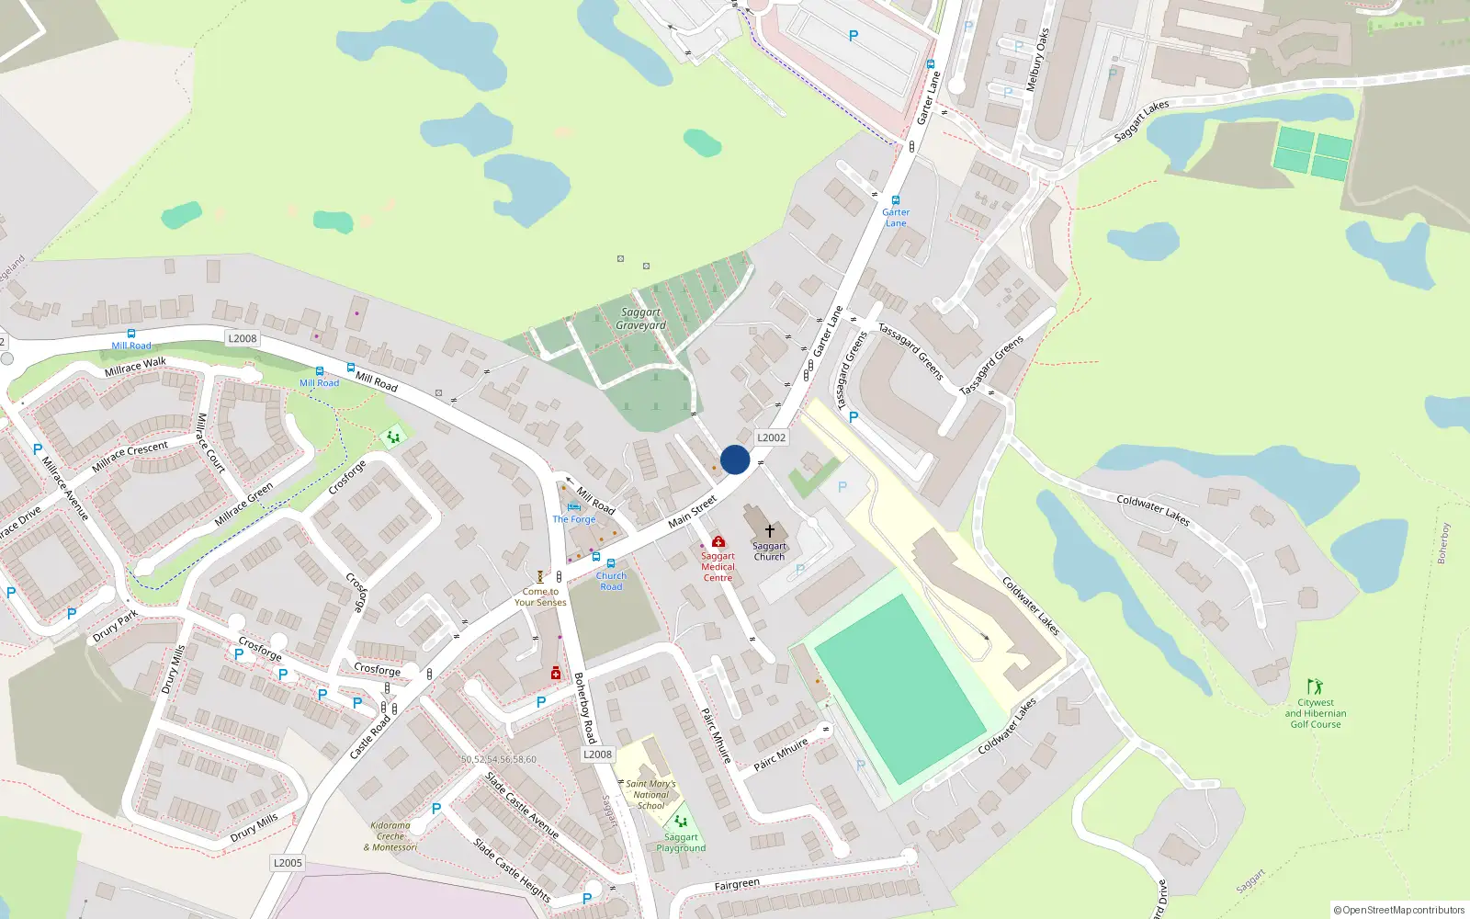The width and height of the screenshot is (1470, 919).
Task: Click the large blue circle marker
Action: pos(735,459)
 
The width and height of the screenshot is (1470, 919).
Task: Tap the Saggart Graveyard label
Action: pos(640,319)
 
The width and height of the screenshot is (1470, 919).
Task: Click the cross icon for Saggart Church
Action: pos(770,530)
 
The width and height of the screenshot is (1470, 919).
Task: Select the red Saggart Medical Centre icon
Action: pos(718,541)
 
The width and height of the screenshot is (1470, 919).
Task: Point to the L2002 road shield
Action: pos(771,437)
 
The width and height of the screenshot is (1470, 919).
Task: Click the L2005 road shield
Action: pos(288,863)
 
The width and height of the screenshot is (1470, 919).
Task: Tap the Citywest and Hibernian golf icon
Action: pos(1315,686)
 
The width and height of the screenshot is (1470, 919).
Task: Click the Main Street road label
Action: pos(692,512)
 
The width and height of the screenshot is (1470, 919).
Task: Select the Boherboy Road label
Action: pos(585,708)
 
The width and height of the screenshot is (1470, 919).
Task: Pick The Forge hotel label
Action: pos(574,519)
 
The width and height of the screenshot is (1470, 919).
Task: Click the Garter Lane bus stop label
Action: pos(896,218)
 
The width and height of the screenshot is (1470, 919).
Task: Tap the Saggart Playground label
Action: pos(681,843)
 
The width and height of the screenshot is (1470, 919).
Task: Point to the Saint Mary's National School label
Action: pos(650,795)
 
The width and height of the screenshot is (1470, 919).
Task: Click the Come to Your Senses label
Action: pos(540,597)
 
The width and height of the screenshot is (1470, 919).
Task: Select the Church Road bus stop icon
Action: pos(611,563)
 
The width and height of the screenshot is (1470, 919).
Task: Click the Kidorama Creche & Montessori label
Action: pos(390,836)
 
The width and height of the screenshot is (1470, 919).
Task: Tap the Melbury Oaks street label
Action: pos(1037,60)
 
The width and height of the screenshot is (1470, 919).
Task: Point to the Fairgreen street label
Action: pos(737,885)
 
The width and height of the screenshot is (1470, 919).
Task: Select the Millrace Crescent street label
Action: pos(130,456)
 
